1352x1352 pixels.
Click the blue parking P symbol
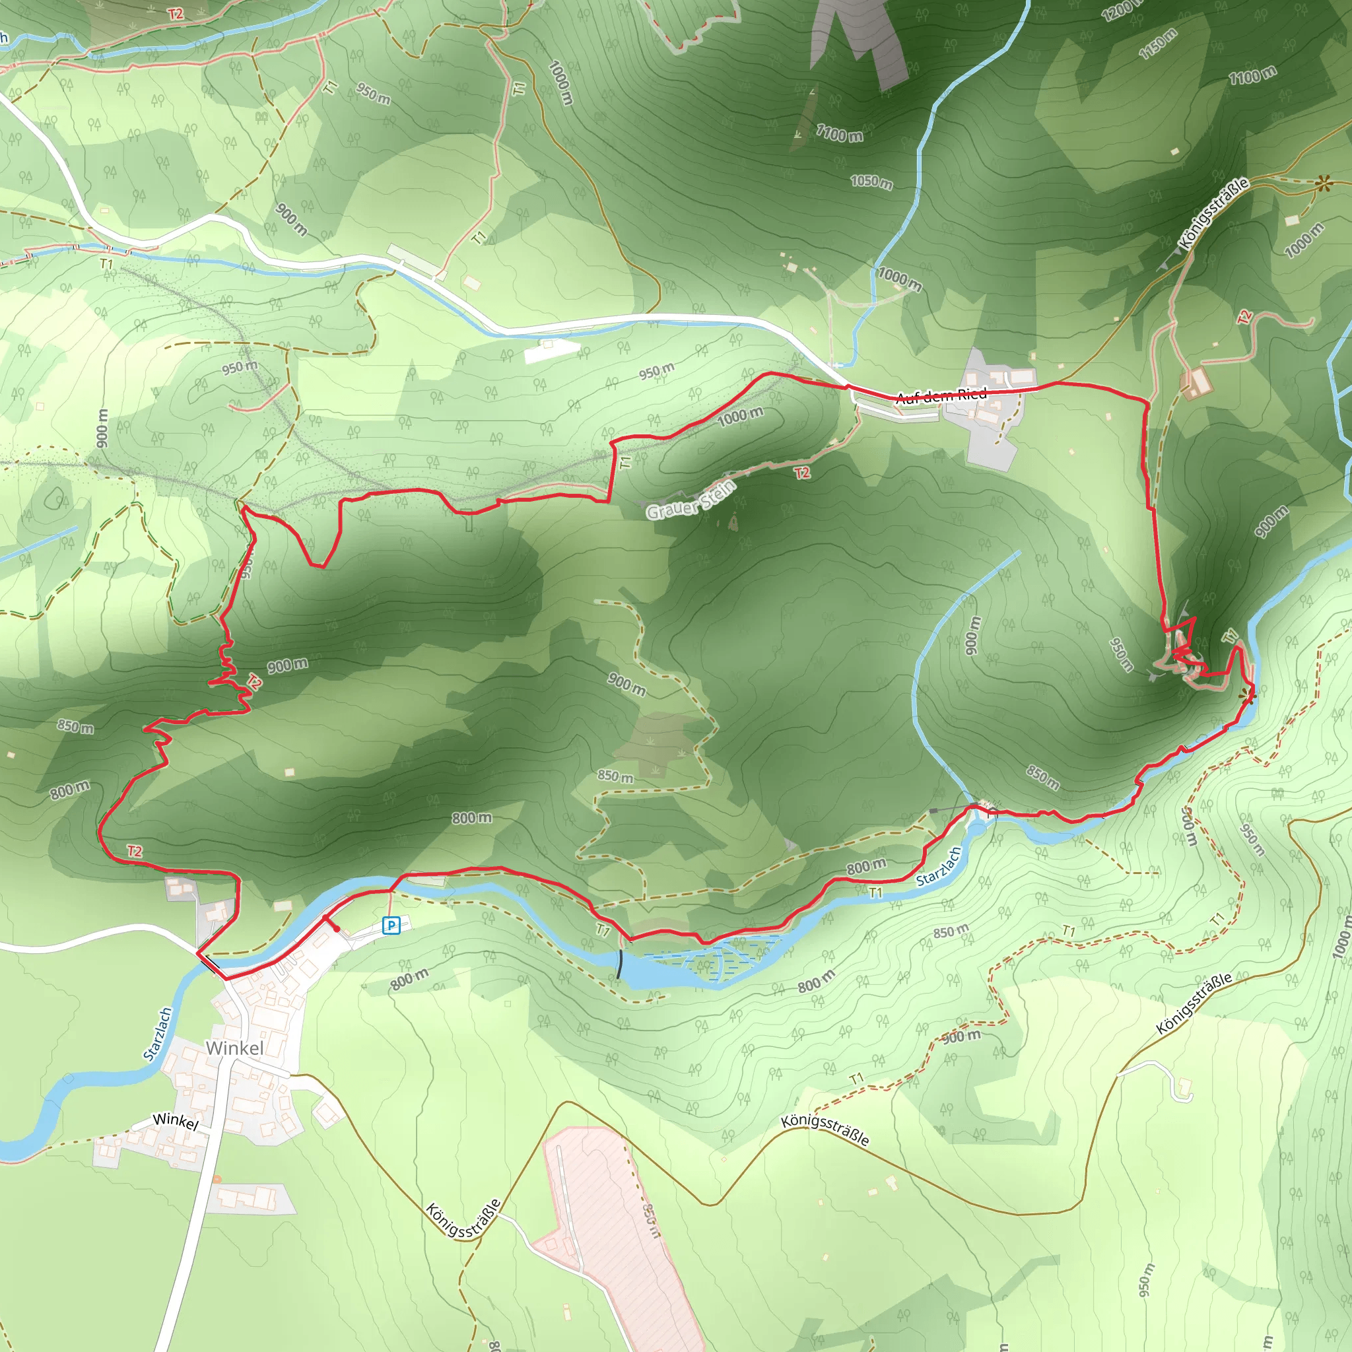[391, 926]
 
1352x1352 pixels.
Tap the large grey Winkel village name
[234, 1048]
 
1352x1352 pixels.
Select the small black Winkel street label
[176, 1120]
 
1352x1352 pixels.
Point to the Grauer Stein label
[691, 500]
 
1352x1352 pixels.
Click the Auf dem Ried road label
[941, 395]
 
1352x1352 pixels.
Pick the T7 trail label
[603, 930]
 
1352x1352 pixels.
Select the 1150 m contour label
[1158, 44]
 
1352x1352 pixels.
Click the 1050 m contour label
[871, 182]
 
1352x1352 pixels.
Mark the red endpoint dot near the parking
[337, 929]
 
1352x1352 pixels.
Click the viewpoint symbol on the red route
[1247, 695]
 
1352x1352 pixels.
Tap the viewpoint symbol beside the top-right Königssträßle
[1322, 184]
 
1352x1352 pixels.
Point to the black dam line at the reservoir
[619, 964]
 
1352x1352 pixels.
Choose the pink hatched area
[616, 1232]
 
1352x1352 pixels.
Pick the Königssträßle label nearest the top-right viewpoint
[1213, 213]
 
